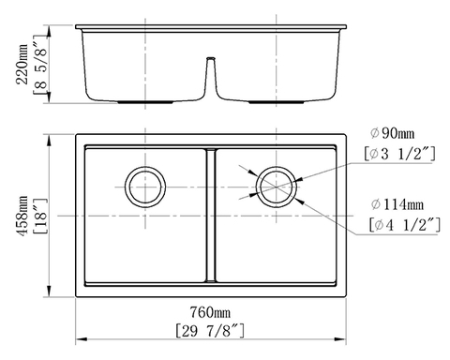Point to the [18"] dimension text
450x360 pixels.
(36, 216)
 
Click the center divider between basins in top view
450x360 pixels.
(211, 216)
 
